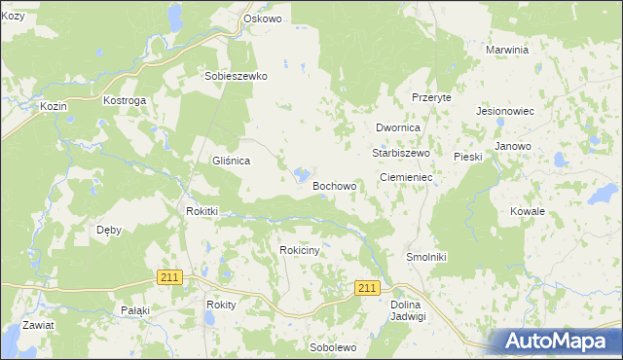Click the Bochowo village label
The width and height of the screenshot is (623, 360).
click(334, 185)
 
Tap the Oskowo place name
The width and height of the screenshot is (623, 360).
click(262, 18)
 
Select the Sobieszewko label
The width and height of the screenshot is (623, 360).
click(236, 75)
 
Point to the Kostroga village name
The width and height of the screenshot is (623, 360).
click(125, 100)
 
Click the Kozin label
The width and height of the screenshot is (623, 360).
click(53, 105)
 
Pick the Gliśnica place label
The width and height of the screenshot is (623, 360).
click(232, 161)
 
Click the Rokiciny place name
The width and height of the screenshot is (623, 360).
click(300, 250)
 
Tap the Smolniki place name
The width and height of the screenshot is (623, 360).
click(425, 257)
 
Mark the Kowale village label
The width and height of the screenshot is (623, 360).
click(527, 211)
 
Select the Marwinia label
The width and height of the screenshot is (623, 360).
click(507, 50)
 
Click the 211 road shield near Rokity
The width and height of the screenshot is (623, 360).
click(169, 277)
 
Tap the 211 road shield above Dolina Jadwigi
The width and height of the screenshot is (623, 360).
click(367, 288)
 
